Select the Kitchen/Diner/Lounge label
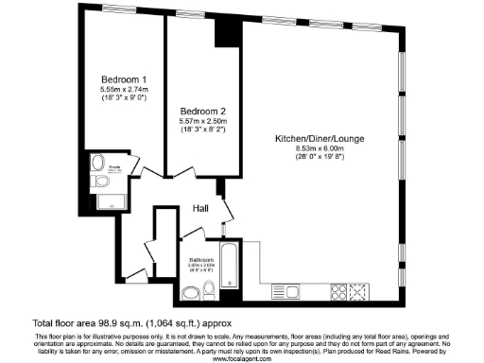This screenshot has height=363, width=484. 320,139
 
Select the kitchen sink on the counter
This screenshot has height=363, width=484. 286,291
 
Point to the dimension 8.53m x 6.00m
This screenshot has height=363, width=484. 320,148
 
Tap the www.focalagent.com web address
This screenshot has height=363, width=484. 240,358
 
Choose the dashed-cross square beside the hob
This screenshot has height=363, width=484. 358,291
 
